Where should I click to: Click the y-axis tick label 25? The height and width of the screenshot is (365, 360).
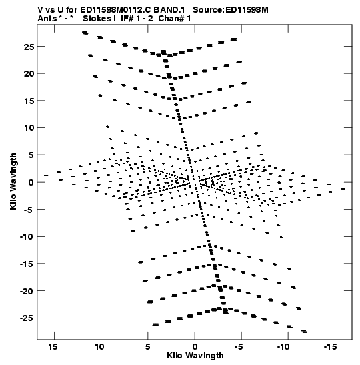pyautogui.click(x=29, y=47)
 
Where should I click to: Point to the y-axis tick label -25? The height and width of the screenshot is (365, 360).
pyautogui.click(x=27, y=318)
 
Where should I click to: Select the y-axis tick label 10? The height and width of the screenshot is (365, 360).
pyautogui.click(x=29, y=128)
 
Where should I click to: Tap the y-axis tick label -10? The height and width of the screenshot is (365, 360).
pyautogui.click(x=27, y=237)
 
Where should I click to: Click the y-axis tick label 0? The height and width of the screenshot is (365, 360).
pyautogui.click(x=31, y=182)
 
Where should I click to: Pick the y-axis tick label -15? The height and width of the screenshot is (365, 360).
pyautogui.click(x=27, y=264)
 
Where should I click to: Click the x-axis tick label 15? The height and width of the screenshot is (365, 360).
pyautogui.click(x=53, y=347)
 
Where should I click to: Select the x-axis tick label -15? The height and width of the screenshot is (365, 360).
pyautogui.click(x=330, y=347)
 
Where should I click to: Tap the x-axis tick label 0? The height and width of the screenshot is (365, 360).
pyautogui.click(x=195, y=347)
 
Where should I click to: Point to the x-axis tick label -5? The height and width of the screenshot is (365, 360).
pyautogui.click(x=239, y=347)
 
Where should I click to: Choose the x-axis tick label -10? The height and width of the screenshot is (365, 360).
pyautogui.click(x=283, y=347)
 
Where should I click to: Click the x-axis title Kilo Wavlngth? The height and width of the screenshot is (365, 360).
pyautogui.click(x=195, y=356)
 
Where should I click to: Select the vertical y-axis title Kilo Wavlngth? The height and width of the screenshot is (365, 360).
pyautogui.click(x=13, y=181)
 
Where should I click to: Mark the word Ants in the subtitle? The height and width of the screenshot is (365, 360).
pyautogui.click(x=47, y=19)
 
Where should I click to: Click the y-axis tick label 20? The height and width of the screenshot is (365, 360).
pyautogui.click(x=29, y=74)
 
